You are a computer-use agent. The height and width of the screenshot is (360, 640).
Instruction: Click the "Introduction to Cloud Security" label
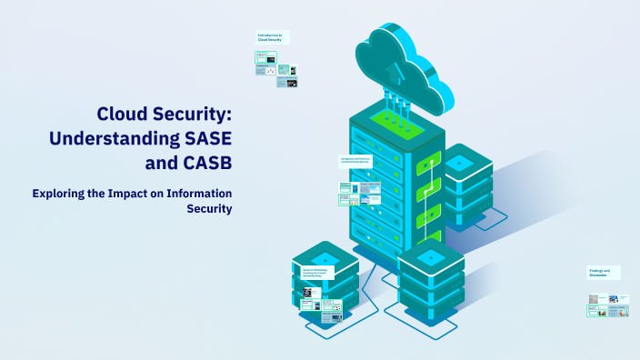(270, 37)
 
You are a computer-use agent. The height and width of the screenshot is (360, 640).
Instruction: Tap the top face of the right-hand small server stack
(460, 162)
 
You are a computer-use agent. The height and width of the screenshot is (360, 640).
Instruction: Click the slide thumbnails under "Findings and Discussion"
(607, 305)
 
